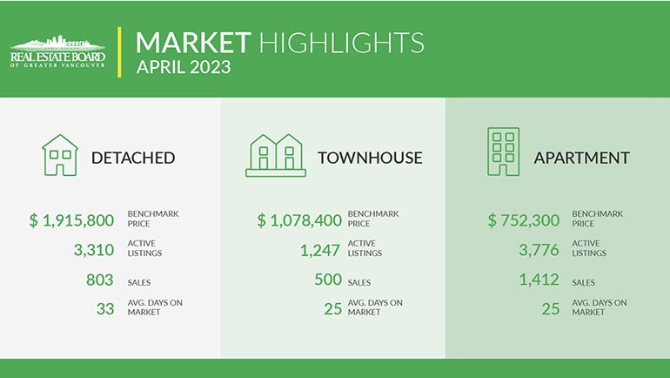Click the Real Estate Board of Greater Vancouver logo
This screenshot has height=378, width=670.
point(57,51)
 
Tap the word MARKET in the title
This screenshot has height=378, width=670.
point(193,43)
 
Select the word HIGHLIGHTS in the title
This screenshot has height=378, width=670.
point(342,43)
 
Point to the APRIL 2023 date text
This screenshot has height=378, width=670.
point(184,67)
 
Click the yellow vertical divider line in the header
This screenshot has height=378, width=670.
point(119,52)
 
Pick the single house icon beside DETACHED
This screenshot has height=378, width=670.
point(60,155)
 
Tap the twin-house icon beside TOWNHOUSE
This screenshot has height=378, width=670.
point(276,155)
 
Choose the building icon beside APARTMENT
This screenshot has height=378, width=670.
point(503,152)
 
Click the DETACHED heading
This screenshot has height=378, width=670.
point(133,158)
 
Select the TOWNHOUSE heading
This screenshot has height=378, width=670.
point(370,158)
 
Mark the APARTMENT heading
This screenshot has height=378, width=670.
point(581,158)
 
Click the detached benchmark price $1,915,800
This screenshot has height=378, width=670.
point(71,220)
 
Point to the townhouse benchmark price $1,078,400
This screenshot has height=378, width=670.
point(299,220)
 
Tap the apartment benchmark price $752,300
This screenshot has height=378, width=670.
point(524,220)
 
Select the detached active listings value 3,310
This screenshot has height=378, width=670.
point(94,250)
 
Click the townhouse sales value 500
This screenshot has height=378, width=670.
point(328,280)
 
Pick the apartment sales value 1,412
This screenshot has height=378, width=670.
point(539,280)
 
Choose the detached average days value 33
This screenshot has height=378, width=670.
point(105,308)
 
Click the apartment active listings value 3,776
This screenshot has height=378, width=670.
point(539,250)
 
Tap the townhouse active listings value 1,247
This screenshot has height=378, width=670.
point(320,250)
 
